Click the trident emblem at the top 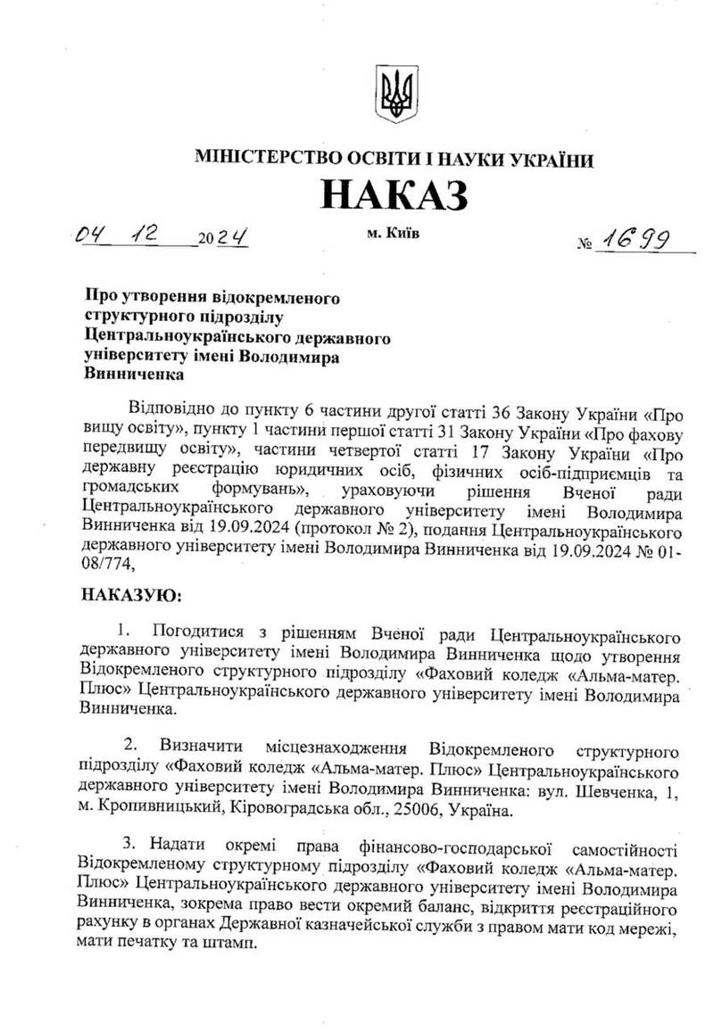394,95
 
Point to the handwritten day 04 93,237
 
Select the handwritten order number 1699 637,236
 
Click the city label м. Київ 391,234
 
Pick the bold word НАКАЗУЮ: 131,593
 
